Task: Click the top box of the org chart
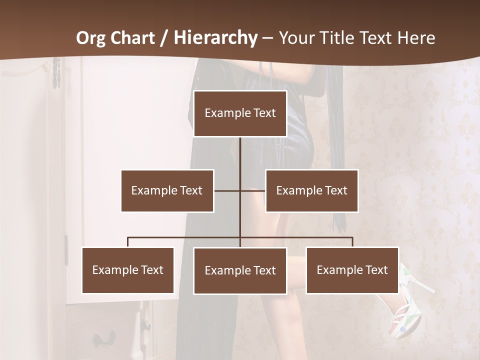pyautogui.click(x=240, y=113)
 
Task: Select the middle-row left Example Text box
pyautogui.click(x=167, y=190)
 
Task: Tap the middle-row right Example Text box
pyautogui.click(x=311, y=190)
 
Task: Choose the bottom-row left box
pyautogui.click(x=127, y=270)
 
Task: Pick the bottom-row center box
pyautogui.click(x=240, y=270)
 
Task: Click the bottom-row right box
pyautogui.click(x=352, y=270)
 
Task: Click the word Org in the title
pyautogui.click(x=91, y=38)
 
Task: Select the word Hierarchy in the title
pyautogui.click(x=215, y=38)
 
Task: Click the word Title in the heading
pyautogui.click(x=340, y=38)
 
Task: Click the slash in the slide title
pyautogui.click(x=164, y=38)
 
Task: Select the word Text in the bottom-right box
pyautogui.click(x=376, y=270)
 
